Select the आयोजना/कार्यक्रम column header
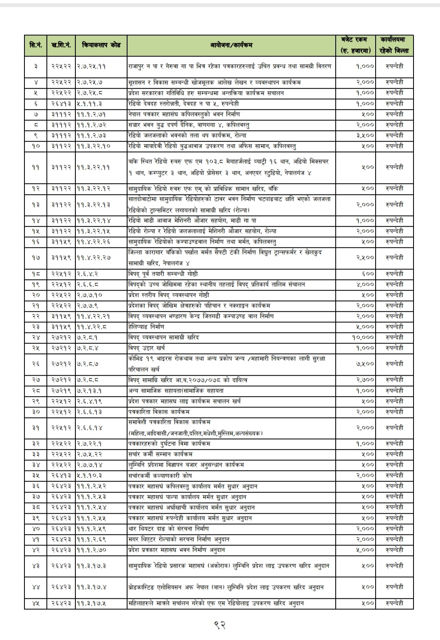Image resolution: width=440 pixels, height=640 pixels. [x=231, y=45]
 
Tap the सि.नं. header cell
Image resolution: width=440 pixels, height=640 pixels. [x=35, y=45]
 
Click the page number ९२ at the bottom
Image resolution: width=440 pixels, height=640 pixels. [x=220, y=624]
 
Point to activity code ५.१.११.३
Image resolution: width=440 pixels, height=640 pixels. [x=90, y=103]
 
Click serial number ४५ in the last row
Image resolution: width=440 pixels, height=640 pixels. [x=35, y=603]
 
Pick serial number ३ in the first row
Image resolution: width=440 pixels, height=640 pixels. [x=35, y=66]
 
